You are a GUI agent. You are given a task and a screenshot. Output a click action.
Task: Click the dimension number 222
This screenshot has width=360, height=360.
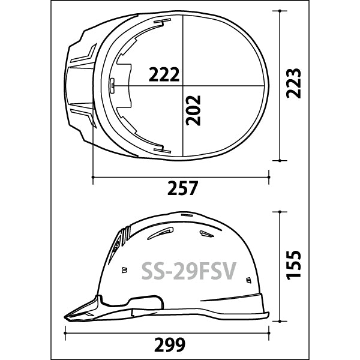[x=164, y=74]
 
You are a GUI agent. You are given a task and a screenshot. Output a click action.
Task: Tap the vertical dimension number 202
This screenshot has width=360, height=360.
[x=194, y=110]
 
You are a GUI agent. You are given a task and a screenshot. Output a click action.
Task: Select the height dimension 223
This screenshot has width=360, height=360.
[x=293, y=83]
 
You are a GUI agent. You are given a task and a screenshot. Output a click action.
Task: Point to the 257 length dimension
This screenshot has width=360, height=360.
[x=182, y=188]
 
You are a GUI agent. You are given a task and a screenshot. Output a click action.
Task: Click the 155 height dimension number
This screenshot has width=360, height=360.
[x=293, y=265]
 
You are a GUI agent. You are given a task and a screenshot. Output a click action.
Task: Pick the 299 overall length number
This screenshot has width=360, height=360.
[x=170, y=344]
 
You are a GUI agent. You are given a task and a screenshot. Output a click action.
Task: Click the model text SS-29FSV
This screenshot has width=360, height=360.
[x=189, y=271]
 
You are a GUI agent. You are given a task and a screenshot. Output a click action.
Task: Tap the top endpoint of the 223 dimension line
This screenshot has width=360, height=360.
[x=280, y=11]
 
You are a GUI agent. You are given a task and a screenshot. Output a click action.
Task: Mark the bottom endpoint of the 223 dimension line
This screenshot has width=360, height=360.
[x=280, y=160]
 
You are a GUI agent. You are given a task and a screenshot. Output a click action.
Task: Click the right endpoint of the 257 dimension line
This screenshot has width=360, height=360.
[x=269, y=177]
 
